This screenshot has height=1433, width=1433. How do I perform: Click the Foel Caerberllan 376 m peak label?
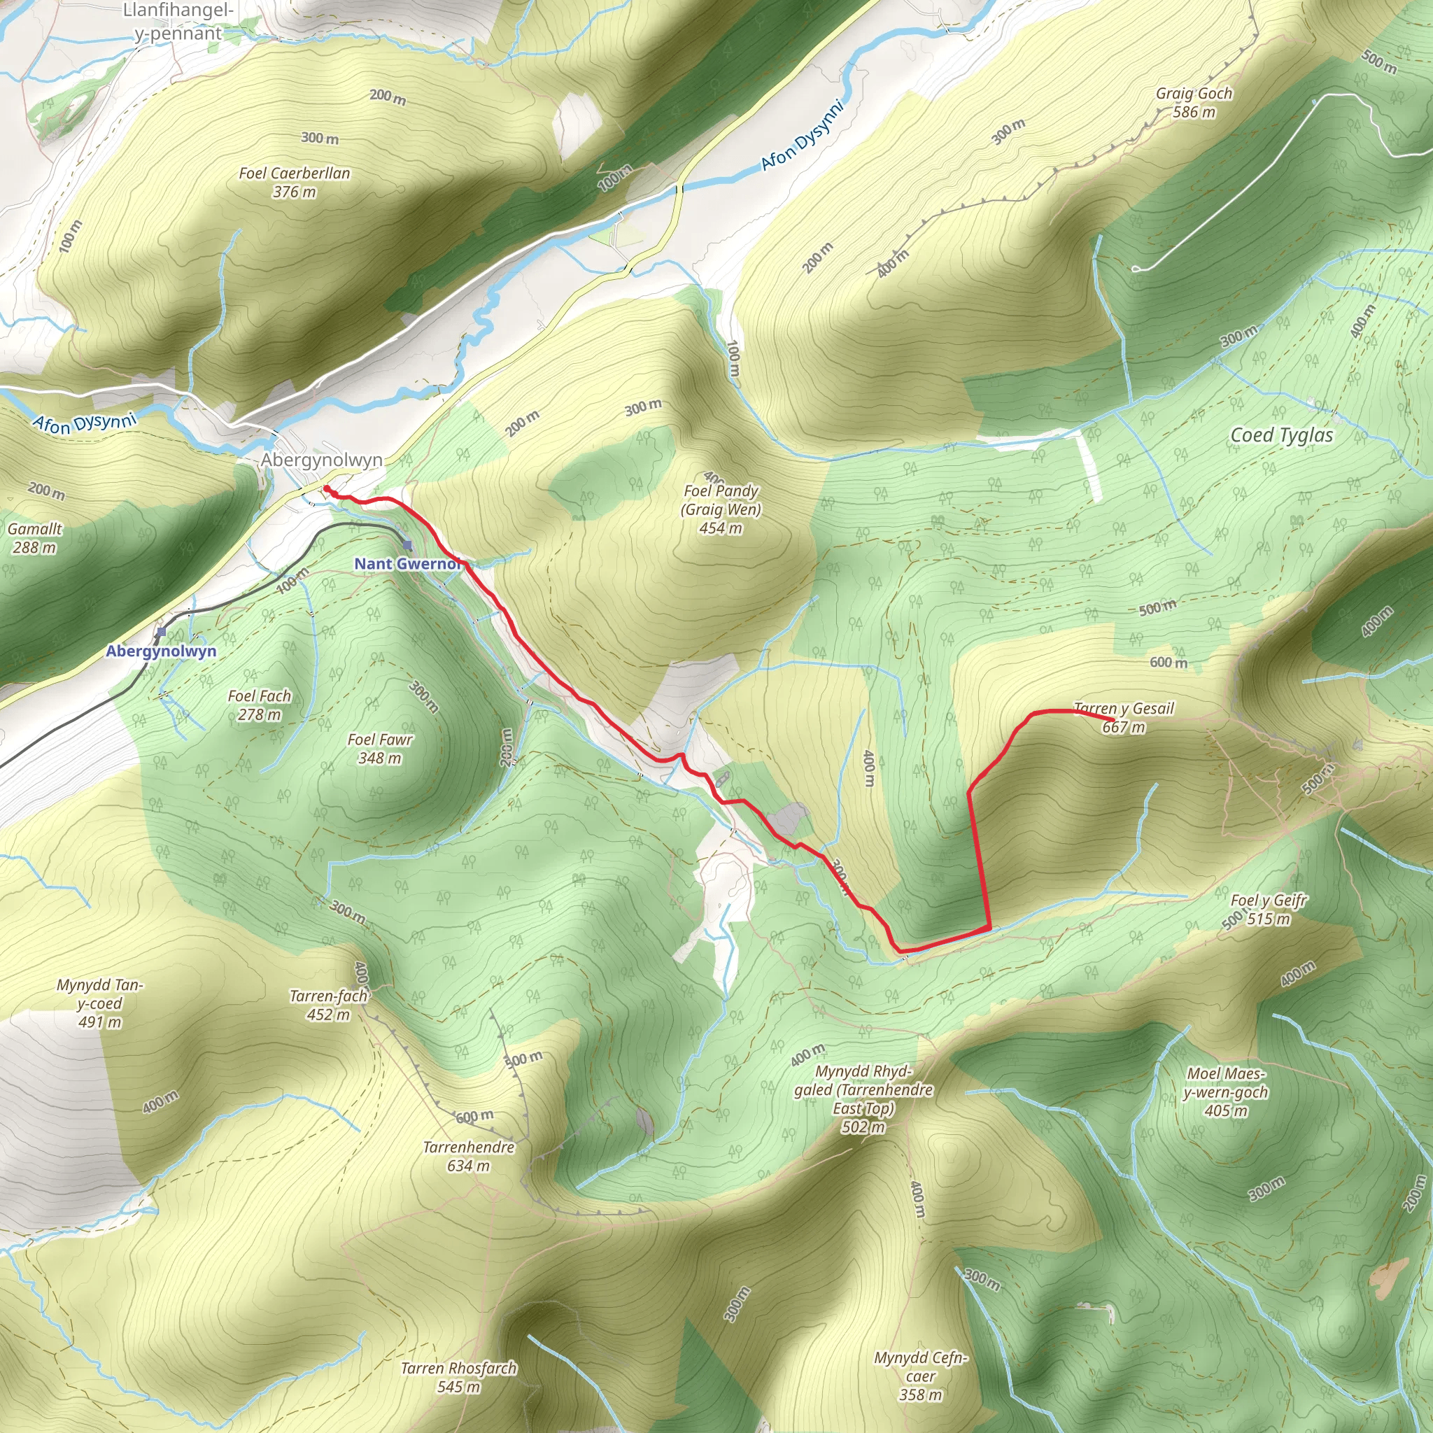(295, 183)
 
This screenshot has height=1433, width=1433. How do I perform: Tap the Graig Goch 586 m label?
(1194, 103)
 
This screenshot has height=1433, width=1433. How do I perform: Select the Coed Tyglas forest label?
(1282, 435)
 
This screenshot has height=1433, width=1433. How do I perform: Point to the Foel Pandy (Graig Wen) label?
(721, 509)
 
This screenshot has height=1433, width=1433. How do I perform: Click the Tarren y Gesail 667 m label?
(1124, 717)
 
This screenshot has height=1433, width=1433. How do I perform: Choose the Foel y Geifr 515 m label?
(1269, 910)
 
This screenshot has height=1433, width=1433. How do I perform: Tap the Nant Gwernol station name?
(407, 564)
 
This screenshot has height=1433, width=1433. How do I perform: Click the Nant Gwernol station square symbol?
(407, 545)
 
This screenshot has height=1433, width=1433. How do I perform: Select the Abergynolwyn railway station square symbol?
(161, 632)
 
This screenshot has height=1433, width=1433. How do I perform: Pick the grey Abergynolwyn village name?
(321, 460)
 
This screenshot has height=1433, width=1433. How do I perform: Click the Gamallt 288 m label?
(34, 538)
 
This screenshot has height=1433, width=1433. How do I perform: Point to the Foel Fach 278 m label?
(260, 705)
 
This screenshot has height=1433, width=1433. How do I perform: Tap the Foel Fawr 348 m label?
(380, 749)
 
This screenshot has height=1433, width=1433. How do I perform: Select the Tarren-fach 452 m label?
(329, 1004)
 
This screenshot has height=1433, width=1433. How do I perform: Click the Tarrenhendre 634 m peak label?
(468, 1156)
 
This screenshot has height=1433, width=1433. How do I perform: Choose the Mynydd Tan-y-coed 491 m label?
(99, 1003)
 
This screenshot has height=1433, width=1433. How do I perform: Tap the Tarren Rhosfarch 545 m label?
(458, 1376)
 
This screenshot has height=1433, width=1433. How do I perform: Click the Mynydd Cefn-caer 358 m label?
(921, 1376)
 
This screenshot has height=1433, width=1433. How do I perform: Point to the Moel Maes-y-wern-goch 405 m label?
(1225, 1092)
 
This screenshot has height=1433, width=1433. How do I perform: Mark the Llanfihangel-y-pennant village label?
(178, 22)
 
